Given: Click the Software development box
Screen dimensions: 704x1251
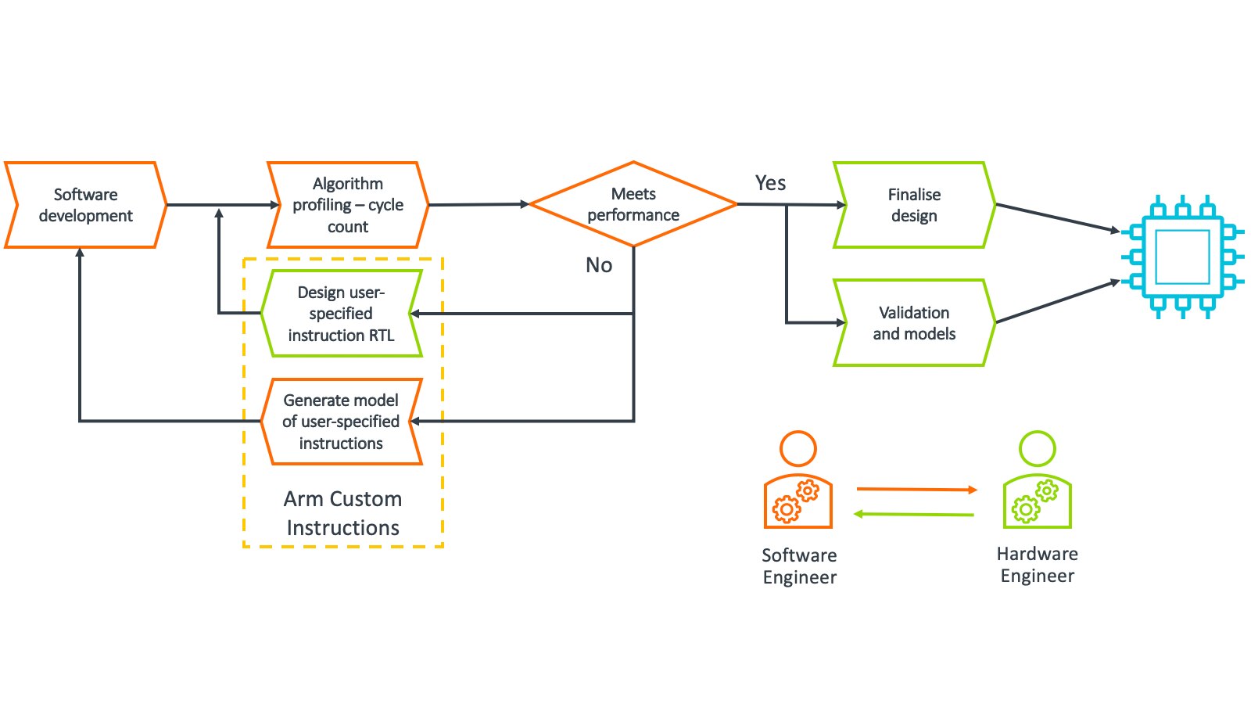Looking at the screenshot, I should pos(85,205).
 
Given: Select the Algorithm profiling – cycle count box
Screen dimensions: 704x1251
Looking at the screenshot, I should pos(348,205).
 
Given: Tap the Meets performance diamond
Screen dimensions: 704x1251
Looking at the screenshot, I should pos(633,204).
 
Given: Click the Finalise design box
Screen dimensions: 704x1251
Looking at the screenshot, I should pos(914,205).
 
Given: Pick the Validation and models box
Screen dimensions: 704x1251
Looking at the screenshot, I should pos(914,323).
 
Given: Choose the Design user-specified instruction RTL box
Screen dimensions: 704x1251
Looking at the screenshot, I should pos(341,314).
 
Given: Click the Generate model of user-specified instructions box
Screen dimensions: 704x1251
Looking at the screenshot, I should pos(341,422).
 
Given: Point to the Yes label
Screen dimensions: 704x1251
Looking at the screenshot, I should pos(770,183).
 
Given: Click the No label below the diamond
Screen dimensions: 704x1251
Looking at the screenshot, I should pos(599,265).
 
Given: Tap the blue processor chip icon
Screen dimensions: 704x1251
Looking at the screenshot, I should pos(1182,257).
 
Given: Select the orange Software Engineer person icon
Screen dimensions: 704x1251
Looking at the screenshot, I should pos(798,481).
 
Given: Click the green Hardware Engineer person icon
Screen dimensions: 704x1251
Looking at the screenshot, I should pos(1038,481).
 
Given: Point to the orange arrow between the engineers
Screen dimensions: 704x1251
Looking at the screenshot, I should pos(916,490).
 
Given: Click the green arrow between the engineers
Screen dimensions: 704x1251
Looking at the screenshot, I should pos(914,514).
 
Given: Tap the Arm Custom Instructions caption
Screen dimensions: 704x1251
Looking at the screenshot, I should pos(343,513).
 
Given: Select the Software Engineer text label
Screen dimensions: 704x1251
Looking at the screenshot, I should pos(799,566).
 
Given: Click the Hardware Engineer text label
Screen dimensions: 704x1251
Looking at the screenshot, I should pos(1038,565).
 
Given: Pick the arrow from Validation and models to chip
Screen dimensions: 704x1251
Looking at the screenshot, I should pos(1057,301).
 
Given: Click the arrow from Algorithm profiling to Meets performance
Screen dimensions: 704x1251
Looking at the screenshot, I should pos(479,205).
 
